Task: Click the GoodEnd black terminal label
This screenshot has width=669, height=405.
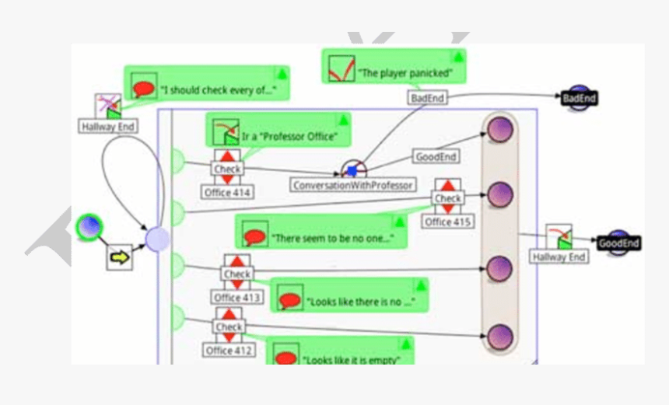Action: tap(618, 243)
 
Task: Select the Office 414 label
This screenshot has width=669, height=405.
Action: tap(228, 192)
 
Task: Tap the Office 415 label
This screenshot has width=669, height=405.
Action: tap(448, 222)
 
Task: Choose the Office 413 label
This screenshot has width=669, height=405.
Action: tap(237, 298)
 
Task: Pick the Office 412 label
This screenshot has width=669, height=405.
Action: tap(229, 351)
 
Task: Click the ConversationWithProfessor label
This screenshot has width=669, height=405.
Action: tap(353, 186)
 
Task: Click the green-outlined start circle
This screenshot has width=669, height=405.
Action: tap(89, 228)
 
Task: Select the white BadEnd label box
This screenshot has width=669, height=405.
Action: tap(427, 99)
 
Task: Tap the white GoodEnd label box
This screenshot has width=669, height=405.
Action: tap(436, 156)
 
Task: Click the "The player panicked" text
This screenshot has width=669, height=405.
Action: tap(412, 74)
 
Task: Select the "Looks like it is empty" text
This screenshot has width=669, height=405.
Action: tap(352, 359)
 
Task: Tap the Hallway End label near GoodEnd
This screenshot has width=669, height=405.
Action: tap(559, 257)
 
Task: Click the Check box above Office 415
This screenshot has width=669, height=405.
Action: tap(448, 199)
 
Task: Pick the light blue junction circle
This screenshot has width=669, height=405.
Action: tap(158, 239)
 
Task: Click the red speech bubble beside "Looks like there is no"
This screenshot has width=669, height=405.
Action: tap(289, 300)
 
